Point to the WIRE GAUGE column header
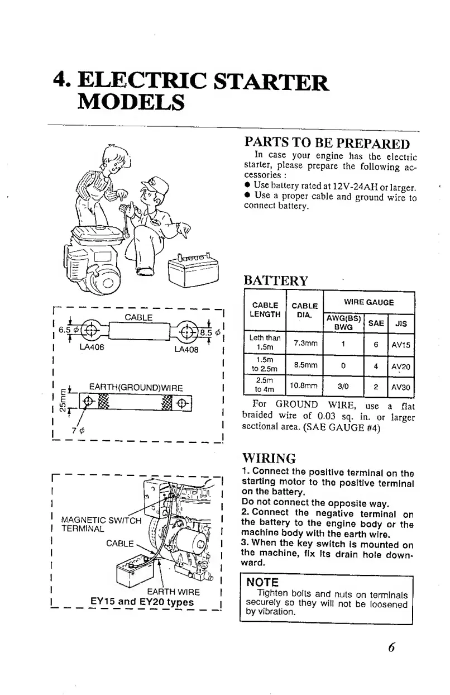point(368,302)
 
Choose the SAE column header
point(376,322)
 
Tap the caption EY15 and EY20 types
point(142,602)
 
